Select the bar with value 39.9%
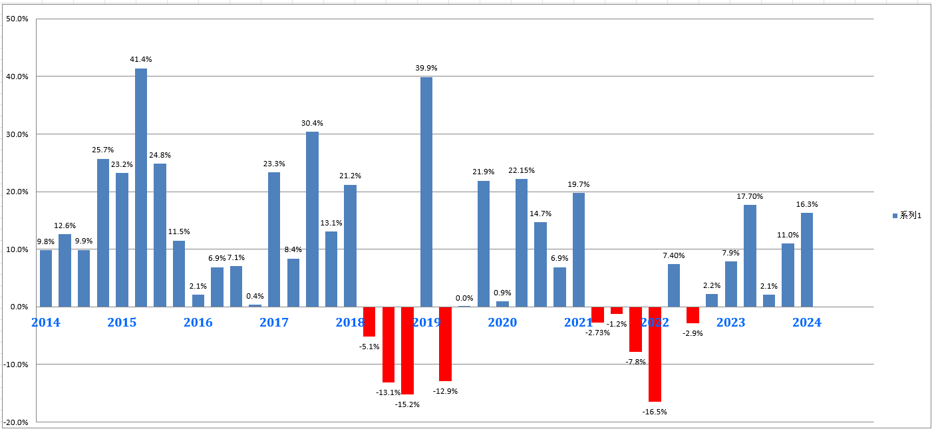pos(426,192)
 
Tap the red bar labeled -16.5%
pos(655,354)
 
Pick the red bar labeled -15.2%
pos(407,351)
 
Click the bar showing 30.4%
pos(312,219)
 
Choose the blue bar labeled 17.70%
pos(750,255)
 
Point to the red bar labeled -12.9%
pos(445,343)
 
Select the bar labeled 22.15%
pos(522,243)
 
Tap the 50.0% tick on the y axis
pos(17,19)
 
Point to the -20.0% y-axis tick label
pos(16,422)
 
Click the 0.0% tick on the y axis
pos(19,307)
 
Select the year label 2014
pos(45,323)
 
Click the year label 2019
pos(426,323)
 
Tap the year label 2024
pos(807,323)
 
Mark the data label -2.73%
pos(597,333)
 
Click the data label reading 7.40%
pos(674,255)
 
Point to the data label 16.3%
pos(807,204)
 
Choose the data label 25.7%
pos(103,150)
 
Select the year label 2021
pos(578,323)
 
